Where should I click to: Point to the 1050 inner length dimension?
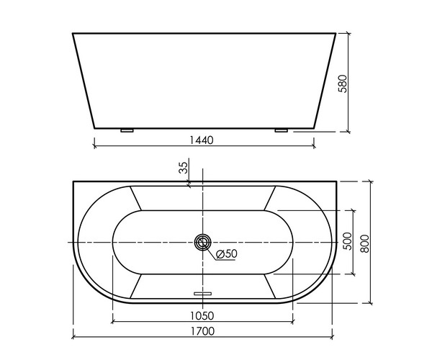tap(204, 315)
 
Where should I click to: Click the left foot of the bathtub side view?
tap(127, 131)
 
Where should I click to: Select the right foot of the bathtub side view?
tap(281, 131)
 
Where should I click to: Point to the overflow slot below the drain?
tap(204, 293)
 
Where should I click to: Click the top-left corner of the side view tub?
tap(73, 33)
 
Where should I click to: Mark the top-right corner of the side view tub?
tap(337, 33)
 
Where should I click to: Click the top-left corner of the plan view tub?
tap(73, 181)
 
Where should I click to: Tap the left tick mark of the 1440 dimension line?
tap(94, 146)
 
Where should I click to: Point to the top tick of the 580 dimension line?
tap(348, 33)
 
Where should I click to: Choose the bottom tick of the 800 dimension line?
tap(370, 302)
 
